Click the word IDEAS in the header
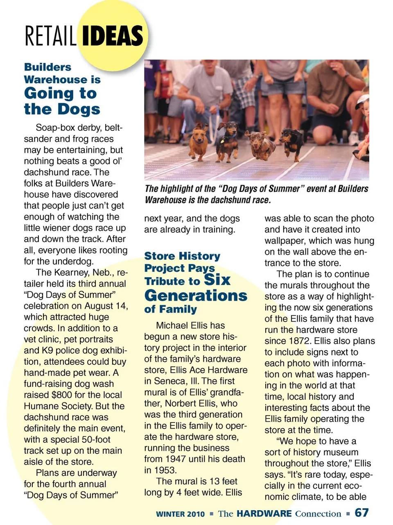point(113,36)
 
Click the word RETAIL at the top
point(50,36)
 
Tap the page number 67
point(361,513)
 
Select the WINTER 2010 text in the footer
point(180,514)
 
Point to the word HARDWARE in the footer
point(264,514)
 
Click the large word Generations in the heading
point(196,295)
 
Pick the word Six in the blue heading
point(217,280)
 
